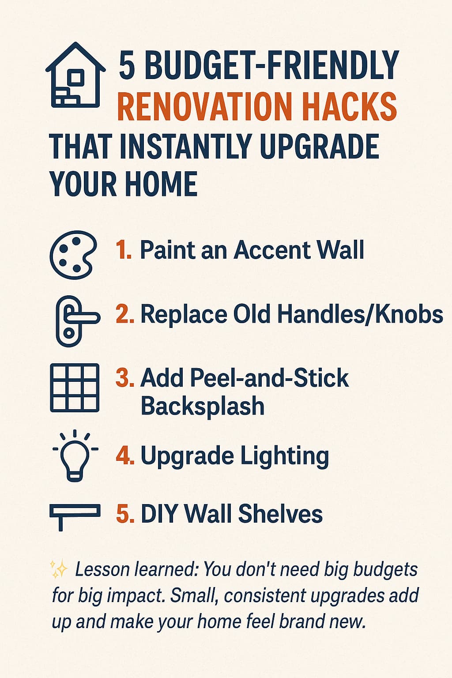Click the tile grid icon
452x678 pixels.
point(75,388)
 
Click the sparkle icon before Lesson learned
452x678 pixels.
point(59,569)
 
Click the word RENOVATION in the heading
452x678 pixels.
point(205,106)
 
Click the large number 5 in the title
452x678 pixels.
point(127,65)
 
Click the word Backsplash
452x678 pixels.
point(203,406)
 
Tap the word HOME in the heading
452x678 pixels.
point(161,184)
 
